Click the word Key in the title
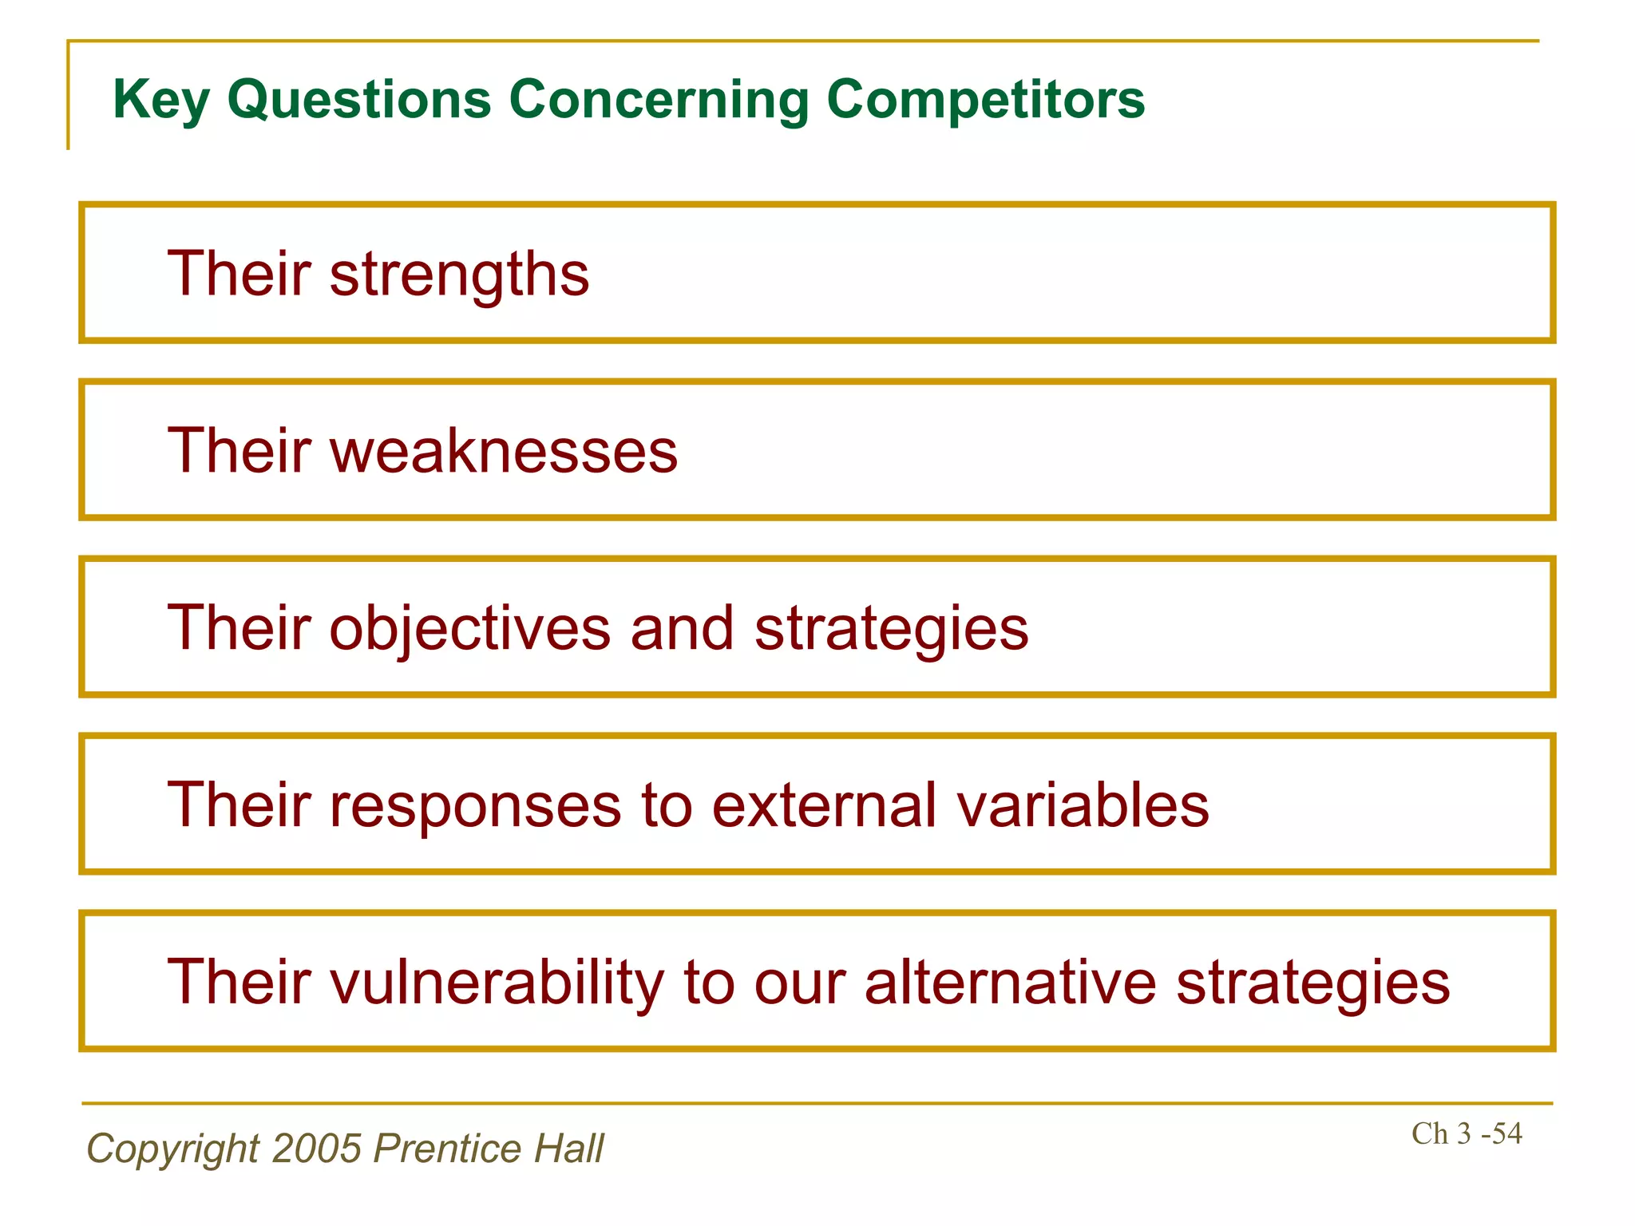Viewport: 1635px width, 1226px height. pyautogui.click(x=161, y=101)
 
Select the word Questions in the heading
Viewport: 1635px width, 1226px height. pyautogui.click(x=359, y=101)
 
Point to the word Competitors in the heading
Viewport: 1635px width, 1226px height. pyautogui.click(x=985, y=101)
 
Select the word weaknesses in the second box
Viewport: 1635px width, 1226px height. pyautogui.click(x=503, y=452)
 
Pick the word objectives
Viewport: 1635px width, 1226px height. pyautogui.click(x=469, y=629)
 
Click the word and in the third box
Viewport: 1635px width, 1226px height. pyautogui.click(x=682, y=629)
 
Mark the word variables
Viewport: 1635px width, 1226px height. pyautogui.click(x=1083, y=805)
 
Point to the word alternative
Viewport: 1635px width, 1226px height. pyautogui.click(x=1010, y=982)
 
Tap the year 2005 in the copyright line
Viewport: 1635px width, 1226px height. pyautogui.click(x=317, y=1149)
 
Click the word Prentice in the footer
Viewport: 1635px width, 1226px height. pyautogui.click(x=447, y=1149)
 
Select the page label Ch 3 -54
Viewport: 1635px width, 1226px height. pyautogui.click(x=1466, y=1134)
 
